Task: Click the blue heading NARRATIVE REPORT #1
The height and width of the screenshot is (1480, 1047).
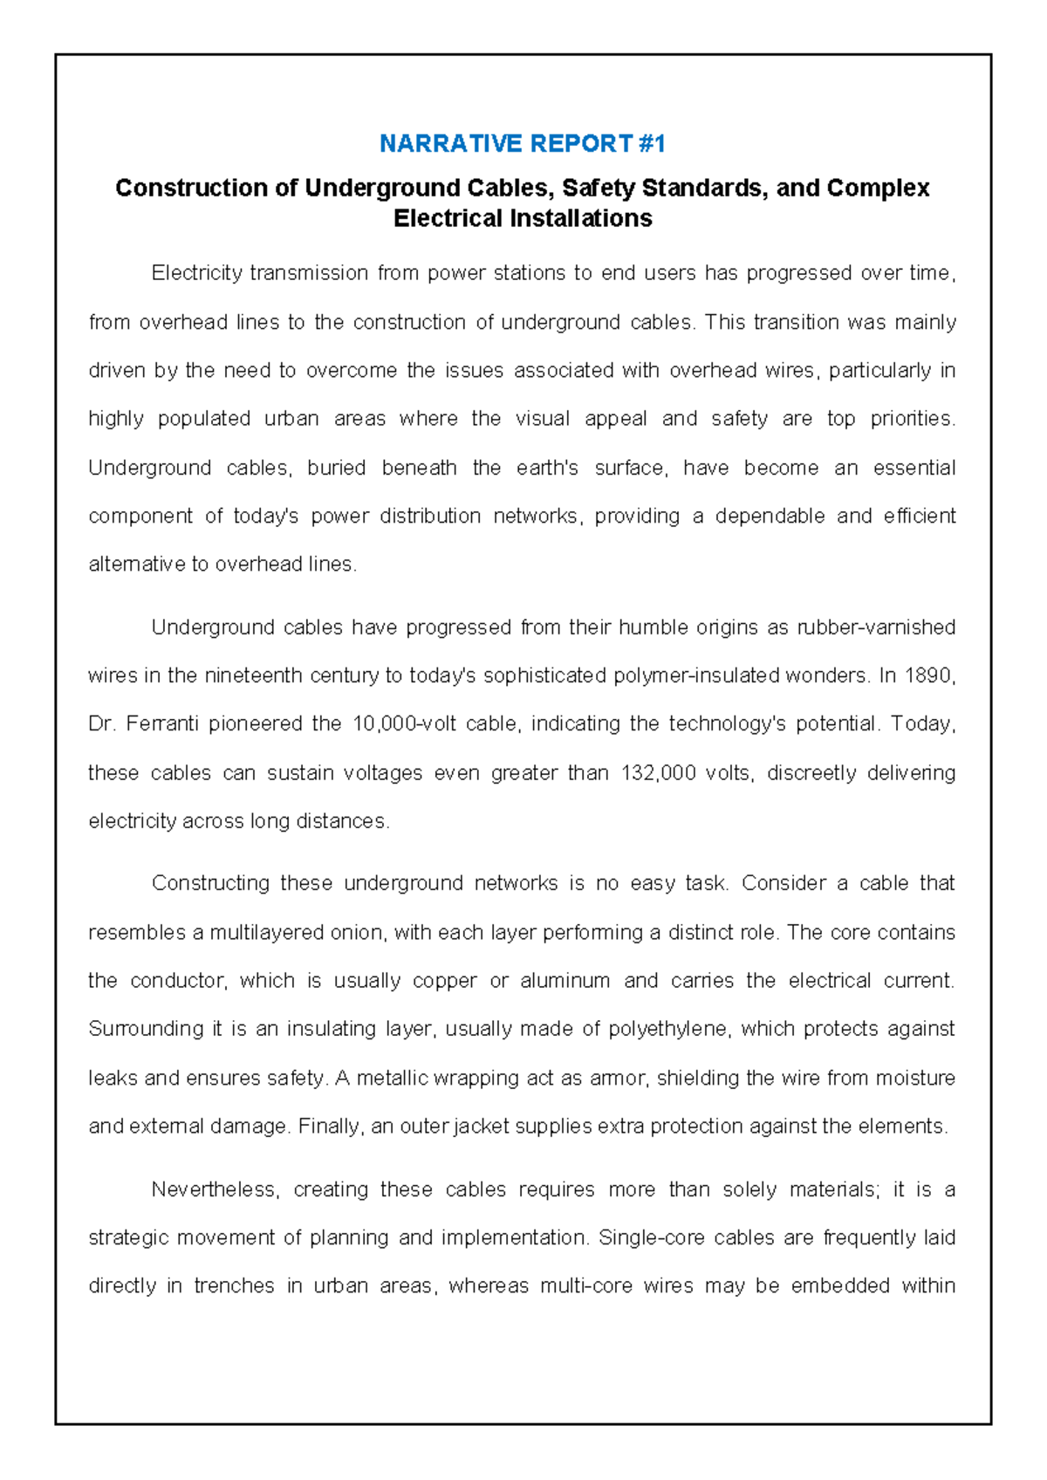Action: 522,143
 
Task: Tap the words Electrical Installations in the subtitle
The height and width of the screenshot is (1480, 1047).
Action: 522,218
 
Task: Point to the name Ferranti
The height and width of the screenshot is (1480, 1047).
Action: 162,723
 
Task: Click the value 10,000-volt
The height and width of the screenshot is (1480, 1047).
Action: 404,723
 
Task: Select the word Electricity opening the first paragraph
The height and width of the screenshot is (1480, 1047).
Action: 196,273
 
